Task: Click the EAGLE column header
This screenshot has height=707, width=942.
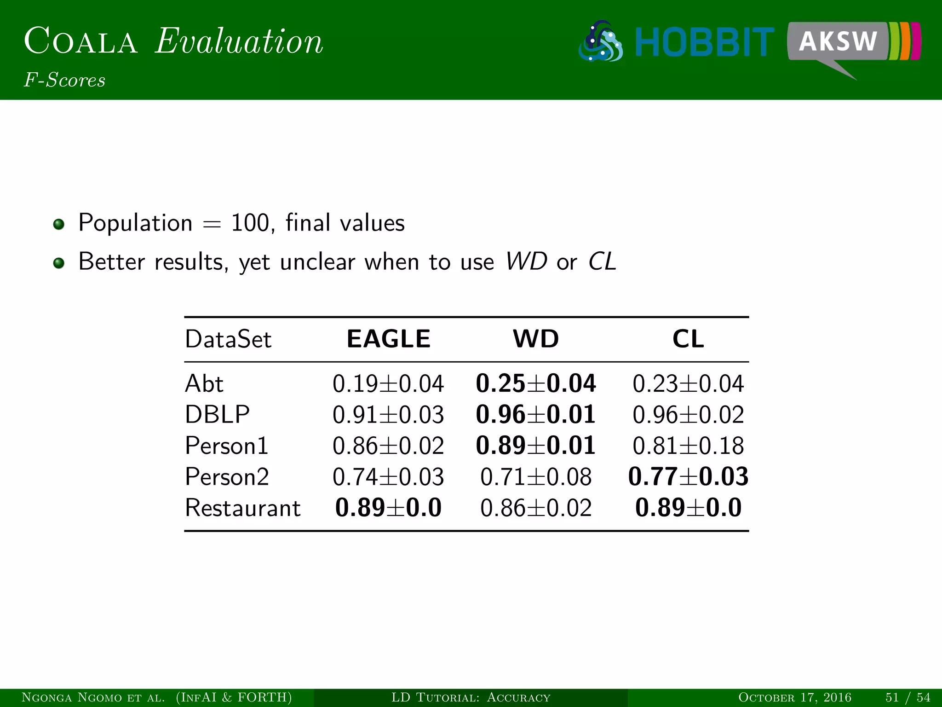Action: pyautogui.click(x=388, y=339)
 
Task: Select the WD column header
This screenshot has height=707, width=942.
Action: pyautogui.click(x=535, y=339)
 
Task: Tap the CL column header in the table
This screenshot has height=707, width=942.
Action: pyautogui.click(x=688, y=339)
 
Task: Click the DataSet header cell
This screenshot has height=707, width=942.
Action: pyautogui.click(x=228, y=340)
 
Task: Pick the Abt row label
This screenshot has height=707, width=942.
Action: pyautogui.click(x=204, y=383)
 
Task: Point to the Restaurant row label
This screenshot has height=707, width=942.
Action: pyautogui.click(x=242, y=508)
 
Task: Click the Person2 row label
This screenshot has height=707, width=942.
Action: pyautogui.click(x=227, y=477)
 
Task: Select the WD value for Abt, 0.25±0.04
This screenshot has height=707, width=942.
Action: pyautogui.click(x=535, y=383)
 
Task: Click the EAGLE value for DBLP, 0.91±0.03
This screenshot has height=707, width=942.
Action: pyautogui.click(x=388, y=415)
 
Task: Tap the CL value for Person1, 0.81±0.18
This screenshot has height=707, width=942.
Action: pyautogui.click(x=688, y=446)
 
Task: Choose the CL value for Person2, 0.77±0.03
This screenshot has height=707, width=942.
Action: pyautogui.click(x=688, y=477)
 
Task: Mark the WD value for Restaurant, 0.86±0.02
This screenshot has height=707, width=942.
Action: pyautogui.click(x=535, y=508)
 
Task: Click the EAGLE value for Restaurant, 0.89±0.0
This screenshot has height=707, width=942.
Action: pyautogui.click(x=388, y=508)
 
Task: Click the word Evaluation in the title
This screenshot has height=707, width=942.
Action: pyautogui.click(x=239, y=41)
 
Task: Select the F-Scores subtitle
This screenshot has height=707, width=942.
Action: pyautogui.click(x=65, y=80)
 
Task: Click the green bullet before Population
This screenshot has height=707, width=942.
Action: pyautogui.click(x=58, y=224)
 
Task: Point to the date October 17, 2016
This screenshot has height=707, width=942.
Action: pyautogui.click(x=794, y=697)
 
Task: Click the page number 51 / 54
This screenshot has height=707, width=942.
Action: pyautogui.click(x=908, y=697)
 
